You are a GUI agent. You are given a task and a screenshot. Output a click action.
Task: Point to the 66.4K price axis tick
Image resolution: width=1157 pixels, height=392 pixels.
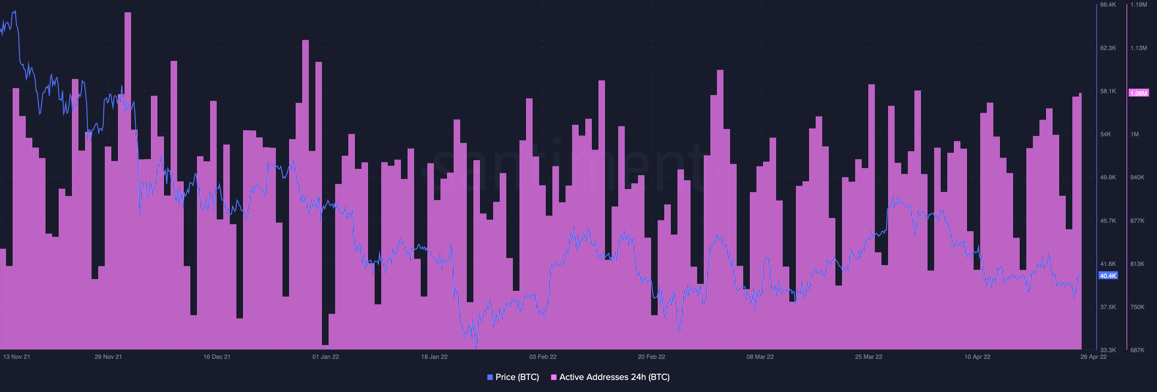(x=1108, y=5)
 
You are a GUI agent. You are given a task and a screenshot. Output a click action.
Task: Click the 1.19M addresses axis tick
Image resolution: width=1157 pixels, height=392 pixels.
(x=1139, y=5)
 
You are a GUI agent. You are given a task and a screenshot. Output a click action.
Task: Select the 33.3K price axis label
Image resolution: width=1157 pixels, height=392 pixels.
(x=1108, y=350)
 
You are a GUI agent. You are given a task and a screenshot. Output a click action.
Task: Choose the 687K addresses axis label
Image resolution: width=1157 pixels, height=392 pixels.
(x=1137, y=350)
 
